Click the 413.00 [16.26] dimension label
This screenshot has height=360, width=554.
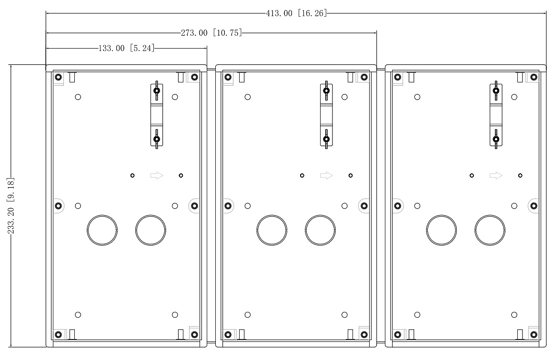point(296,13)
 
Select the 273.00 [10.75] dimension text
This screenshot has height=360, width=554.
point(212,33)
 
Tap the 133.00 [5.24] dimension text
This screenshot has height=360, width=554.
point(127,48)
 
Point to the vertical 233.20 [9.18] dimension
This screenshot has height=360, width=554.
point(11,206)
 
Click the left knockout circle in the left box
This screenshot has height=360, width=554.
point(102,230)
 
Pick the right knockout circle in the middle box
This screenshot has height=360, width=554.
point(321,230)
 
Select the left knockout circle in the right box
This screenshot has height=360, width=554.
point(441,230)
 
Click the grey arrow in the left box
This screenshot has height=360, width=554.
point(157,175)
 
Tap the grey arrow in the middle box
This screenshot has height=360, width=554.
point(326,175)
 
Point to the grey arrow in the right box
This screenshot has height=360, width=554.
point(496,175)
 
